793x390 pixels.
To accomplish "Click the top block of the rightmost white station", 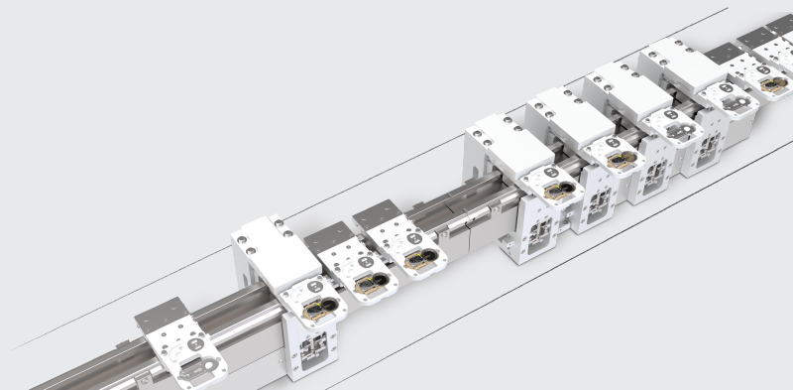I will [681, 65].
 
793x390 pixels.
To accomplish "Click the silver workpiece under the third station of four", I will [679, 128].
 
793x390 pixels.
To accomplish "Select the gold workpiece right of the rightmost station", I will [772, 84].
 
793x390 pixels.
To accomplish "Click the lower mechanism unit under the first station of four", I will [540, 233].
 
